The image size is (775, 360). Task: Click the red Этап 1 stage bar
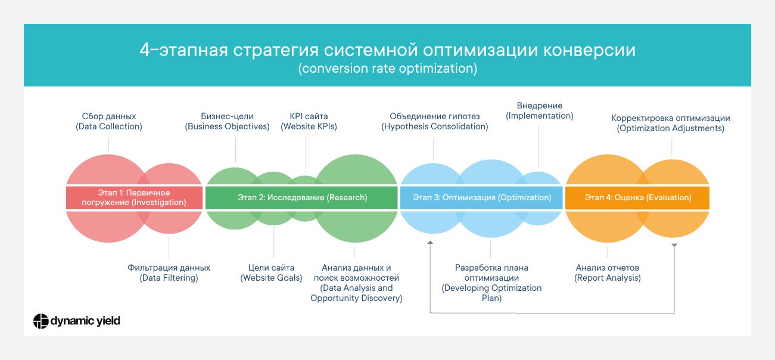(134, 197)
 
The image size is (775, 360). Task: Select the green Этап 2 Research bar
(301, 197)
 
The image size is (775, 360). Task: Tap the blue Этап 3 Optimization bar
(481, 197)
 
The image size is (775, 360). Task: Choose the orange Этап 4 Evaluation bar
(637, 197)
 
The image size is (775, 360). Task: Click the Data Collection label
(109, 122)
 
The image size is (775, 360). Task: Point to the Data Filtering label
(169, 273)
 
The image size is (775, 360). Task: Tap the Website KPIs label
(309, 122)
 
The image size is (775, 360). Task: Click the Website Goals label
(271, 273)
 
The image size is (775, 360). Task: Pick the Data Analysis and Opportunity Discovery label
(356, 283)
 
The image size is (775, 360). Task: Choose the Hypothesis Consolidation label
(435, 122)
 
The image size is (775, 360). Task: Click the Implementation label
(540, 111)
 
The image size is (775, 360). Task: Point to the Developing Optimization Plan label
(491, 283)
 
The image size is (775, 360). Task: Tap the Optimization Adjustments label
(671, 123)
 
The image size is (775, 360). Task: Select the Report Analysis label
(608, 273)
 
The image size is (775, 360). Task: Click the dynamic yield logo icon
(41, 321)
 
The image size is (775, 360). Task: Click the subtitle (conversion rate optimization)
(387, 69)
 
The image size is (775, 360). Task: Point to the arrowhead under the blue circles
(429, 243)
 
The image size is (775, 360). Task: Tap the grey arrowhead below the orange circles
(674, 246)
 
